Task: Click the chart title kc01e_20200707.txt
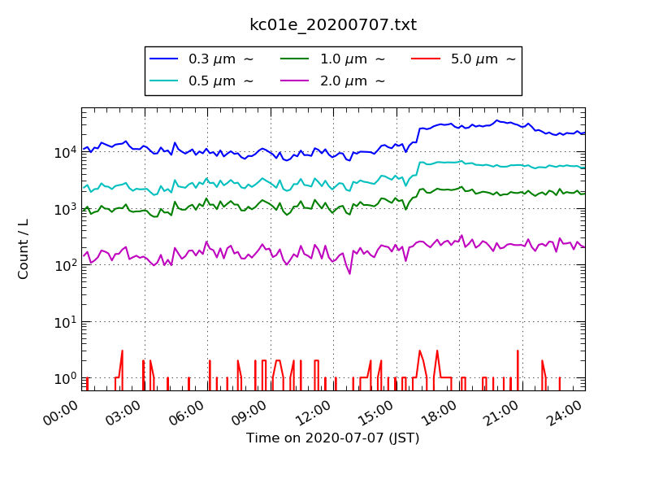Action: point(333,25)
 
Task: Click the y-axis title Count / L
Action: point(24,249)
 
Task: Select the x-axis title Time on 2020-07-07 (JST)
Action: point(333,438)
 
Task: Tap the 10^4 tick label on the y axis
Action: point(64,152)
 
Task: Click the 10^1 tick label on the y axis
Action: point(64,322)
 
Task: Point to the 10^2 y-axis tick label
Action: point(64,265)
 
